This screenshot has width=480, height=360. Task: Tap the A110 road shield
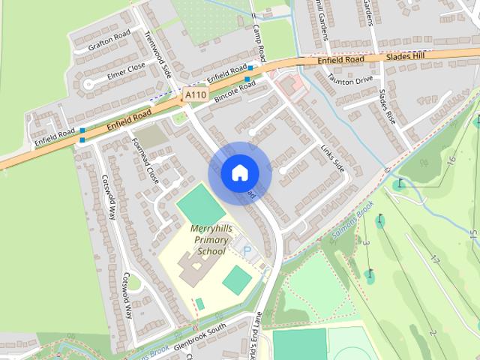tap(195, 95)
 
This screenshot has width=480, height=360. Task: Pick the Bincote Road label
tap(235, 91)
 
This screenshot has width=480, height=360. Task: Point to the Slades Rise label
tap(387, 106)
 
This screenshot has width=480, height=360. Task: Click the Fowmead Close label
tap(145, 160)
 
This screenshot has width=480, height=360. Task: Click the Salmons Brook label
tap(352, 226)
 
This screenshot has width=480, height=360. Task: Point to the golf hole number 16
tap(450, 160)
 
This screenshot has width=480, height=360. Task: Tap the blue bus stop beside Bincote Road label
tap(247, 78)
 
